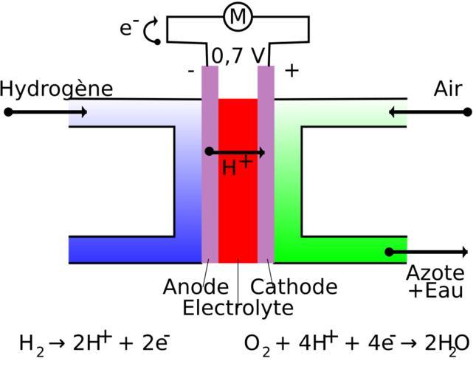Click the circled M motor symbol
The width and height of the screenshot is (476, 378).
[x=238, y=17]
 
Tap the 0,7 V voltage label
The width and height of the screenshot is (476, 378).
[x=238, y=56]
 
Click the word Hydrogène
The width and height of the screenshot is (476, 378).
[x=56, y=89]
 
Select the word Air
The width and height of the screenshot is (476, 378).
[x=447, y=89]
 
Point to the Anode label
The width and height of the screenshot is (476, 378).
[x=196, y=286]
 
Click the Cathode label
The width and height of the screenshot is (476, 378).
[x=294, y=286]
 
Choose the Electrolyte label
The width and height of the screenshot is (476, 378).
[x=238, y=307]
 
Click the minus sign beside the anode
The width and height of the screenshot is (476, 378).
[x=191, y=72]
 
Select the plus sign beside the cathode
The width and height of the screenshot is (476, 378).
[x=292, y=71]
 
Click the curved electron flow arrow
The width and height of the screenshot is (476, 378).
[x=151, y=31]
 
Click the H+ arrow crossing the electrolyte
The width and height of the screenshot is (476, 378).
[x=236, y=152]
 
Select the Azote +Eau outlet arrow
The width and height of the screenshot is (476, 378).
[x=428, y=252]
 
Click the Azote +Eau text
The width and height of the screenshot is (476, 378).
[x=435, y=282]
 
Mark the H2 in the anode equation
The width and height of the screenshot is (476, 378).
[x=31, y=344]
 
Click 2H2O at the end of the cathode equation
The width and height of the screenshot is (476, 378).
[x=447, y=344]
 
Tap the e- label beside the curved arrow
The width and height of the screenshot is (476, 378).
[x=129, y=28]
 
